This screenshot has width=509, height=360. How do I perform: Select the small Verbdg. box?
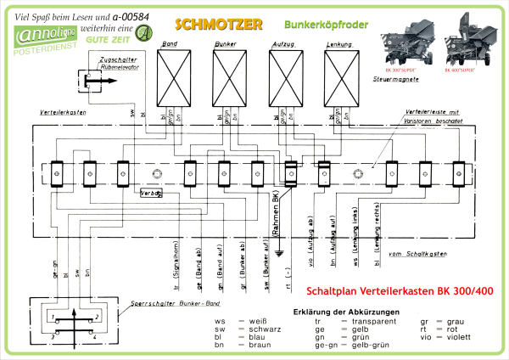pyautogui.click(x=152, y=194)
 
